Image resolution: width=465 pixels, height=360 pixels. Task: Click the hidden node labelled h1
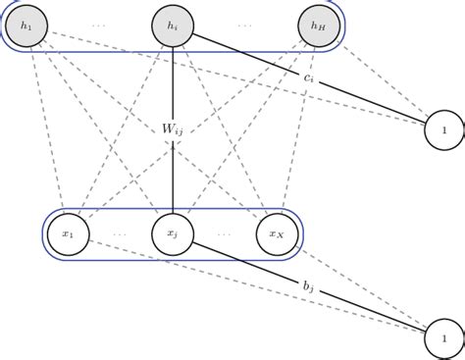click(x=26, y=25)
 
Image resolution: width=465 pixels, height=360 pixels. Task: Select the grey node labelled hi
click(x=173, y=25)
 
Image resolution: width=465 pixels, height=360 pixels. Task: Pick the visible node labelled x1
click(x=68, y=233)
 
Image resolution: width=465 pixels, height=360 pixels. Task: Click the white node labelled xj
click(x=172, y=233)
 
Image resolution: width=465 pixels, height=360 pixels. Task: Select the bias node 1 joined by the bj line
click(x=444, y=338)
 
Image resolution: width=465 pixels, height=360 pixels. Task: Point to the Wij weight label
click(x=174, y=127)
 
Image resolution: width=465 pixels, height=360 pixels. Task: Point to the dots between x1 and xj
click(x=120, y=235)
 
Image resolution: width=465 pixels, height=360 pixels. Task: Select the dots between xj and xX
click(x=224, y=235)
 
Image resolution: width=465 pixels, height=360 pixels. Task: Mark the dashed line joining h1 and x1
click(x=46, y=128)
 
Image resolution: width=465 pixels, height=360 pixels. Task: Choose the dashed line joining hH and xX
click(x=297, y=128)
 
